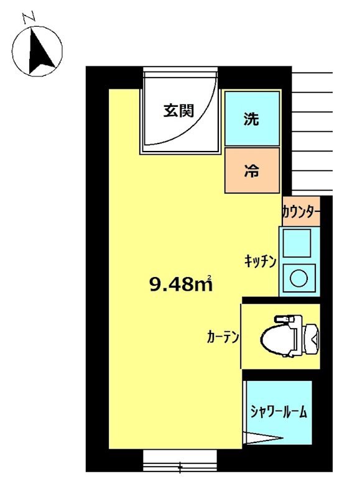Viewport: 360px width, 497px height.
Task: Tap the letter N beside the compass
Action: click(x=29, y=19)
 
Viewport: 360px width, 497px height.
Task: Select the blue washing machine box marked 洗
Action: click(x=251, y=119)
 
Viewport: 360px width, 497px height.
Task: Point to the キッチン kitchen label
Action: click(x=259, y=262)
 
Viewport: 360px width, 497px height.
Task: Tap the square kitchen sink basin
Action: click(x=298, y=243)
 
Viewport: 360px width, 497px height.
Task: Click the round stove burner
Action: click(x=298, y=278)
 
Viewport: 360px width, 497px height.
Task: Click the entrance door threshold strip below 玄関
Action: click(x=180, y=150)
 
